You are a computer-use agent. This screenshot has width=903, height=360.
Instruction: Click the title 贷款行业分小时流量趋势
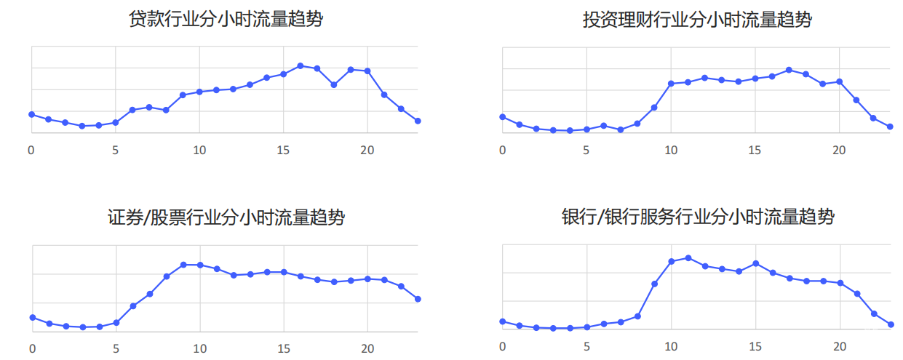[x=226, y=20]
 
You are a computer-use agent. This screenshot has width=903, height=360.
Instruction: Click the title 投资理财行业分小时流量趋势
[x=697, y=20]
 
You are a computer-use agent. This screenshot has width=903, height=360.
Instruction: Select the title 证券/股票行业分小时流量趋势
[x=226, y=217]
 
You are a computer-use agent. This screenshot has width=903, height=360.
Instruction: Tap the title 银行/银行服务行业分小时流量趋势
[x=697, y=217]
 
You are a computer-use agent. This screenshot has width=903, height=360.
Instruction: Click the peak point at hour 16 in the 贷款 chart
[x=300, y=65]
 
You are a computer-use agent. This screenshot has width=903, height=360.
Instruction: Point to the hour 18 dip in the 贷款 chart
[x=334, y=85]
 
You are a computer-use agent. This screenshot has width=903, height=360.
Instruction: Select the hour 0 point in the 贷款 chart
[x=31, y=114]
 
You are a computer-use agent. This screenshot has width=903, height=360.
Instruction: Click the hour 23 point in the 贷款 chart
[x=418, y=121]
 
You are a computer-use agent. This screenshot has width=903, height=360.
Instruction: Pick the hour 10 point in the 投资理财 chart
[x=671, y=84]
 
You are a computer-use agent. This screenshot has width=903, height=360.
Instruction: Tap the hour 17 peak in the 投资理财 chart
[x=789, y=70]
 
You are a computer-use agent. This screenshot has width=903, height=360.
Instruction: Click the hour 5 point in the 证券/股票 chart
[x=116, y=322]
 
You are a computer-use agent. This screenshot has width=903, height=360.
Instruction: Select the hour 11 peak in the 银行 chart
[x=688, y=257]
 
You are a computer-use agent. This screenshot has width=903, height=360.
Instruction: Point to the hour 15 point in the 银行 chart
[x=755, y=263]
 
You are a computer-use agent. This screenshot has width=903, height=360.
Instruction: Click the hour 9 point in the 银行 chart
[x=654, y=284]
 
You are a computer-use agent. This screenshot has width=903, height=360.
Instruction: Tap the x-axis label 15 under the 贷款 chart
[x=283, y=150]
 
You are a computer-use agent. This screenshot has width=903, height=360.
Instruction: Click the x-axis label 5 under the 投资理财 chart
[x=586, y=150]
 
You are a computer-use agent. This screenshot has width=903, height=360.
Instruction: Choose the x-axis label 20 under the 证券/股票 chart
[x=367, y=347]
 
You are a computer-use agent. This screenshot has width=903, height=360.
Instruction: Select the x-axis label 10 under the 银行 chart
[x=671, y=347]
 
